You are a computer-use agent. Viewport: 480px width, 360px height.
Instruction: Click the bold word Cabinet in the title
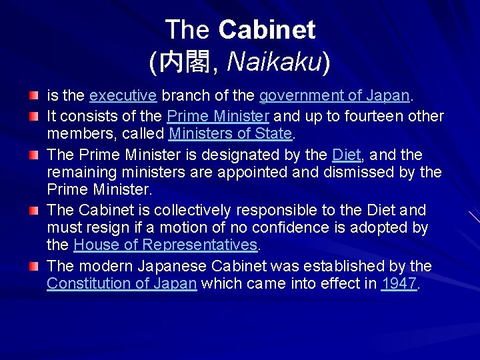267,29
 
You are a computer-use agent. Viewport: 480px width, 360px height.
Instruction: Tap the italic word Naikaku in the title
275,62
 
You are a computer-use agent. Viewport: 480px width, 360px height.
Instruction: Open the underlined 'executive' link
123,95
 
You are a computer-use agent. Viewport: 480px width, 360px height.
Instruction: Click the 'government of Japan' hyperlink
334,95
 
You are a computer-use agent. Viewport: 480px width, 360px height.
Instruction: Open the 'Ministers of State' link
231,133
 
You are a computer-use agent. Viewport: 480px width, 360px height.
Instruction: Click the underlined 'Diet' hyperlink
346,155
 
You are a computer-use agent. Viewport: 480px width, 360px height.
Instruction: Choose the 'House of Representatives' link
165,245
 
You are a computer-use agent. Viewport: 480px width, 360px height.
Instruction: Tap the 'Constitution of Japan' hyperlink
121,283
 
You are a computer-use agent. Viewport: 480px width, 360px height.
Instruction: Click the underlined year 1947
399,283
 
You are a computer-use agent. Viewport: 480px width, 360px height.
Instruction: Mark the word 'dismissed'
364,172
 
